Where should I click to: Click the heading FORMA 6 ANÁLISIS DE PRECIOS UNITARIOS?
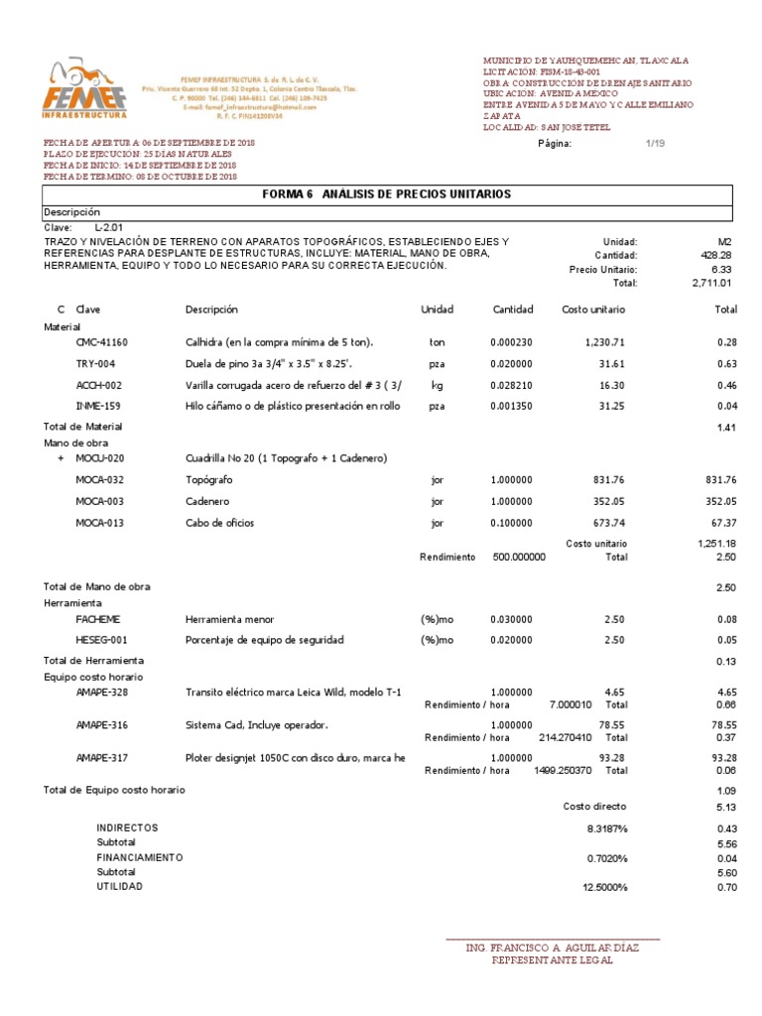pos(386,194)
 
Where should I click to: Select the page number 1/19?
pos(655,144)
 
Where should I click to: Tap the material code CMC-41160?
pos(101,342)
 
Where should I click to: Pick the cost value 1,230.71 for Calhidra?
pos(603,342)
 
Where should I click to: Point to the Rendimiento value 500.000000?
pos(518,558)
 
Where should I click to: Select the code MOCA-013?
pos(101,523)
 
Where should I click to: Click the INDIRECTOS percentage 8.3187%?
pos(606,827)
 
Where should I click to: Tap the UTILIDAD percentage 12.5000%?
pos(603,887)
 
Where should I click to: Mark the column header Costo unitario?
pos(594,311)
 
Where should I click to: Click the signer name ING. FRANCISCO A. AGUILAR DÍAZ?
pos(553,948)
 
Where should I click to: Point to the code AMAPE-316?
pos(101,725)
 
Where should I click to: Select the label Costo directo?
pos(594,807)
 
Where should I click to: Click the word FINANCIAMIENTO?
pos(139,856)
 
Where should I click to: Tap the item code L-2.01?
pos(110,227)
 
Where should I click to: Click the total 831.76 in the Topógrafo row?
pos(720,480)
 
